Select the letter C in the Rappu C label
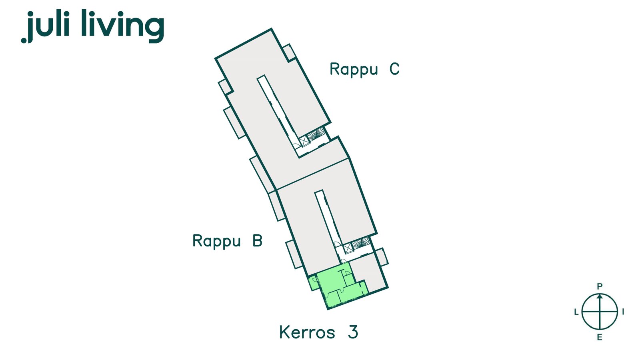click(394, 69)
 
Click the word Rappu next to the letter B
click(216, 242)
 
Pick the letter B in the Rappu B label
click(258, 240)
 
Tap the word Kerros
click(307, 332)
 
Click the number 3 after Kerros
click(353, 332)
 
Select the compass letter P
click(600, 286)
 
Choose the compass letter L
click(576, 312)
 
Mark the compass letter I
click(623, 312)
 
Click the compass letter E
click(600, 338)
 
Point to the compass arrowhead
click(600, 296)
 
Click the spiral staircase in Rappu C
click(317, 134)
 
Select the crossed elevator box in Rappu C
click(304, 141)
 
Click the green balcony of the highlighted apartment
click(313, 283)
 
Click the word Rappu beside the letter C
click(354, 70)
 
